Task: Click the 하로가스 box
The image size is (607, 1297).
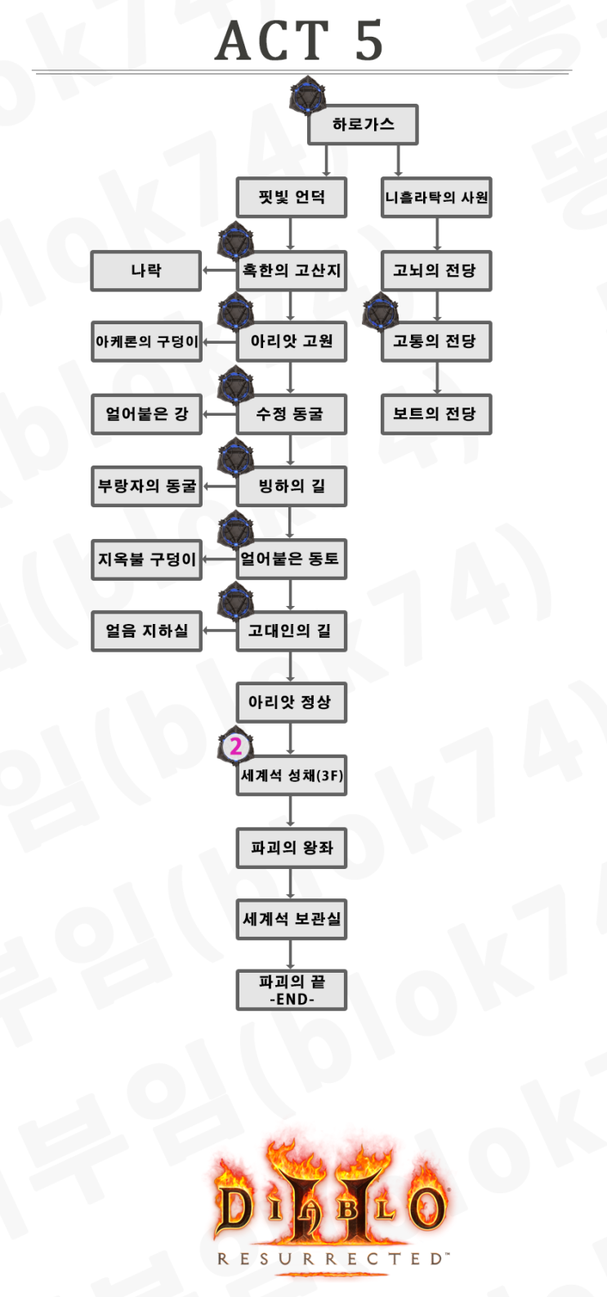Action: [363, 125]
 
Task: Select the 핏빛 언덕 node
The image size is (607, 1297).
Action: [292, 198]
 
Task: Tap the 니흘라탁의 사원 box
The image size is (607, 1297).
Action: [436, 198]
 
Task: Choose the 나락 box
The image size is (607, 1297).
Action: [146, 270]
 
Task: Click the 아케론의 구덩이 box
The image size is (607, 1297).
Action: [146, 342]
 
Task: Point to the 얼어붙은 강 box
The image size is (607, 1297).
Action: [146, 414]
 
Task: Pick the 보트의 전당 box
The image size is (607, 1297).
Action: [436, 414]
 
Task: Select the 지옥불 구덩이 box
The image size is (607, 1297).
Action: [146, 559]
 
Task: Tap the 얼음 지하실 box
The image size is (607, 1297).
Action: [146, 631]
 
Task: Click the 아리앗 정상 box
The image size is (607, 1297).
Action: [292, 702]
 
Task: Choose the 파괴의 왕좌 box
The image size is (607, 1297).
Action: [292, 848]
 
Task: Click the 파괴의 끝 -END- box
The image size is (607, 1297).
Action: [292, 990]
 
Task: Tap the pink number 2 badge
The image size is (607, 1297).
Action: [236, 746]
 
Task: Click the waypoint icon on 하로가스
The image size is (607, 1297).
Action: [308, 96]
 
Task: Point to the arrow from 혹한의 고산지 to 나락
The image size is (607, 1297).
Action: [219, 270]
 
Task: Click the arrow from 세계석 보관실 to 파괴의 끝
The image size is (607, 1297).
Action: [291, 954]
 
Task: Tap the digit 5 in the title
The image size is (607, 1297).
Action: [369, 41]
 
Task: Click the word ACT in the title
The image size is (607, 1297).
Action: [272, 41]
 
